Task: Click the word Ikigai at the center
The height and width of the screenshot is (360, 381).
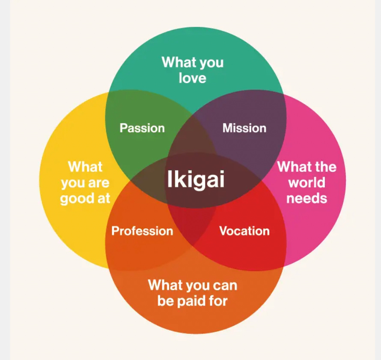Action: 195,180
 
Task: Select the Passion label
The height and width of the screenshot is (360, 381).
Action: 142,128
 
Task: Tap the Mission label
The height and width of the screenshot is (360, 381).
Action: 244,128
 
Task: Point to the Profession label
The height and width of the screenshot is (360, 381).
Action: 142,231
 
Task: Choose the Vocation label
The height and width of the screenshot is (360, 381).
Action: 244,231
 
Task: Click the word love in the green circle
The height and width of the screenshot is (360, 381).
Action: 193,78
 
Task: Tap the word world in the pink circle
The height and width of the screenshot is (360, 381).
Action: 307,183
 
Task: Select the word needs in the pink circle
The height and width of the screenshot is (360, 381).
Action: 307,198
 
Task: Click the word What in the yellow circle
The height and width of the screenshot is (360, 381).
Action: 85,166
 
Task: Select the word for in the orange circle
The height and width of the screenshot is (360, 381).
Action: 218,301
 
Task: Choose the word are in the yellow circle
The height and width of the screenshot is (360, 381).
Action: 99,183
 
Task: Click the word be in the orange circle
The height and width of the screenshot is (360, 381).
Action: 165,301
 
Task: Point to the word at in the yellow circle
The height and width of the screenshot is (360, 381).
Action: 104,199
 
